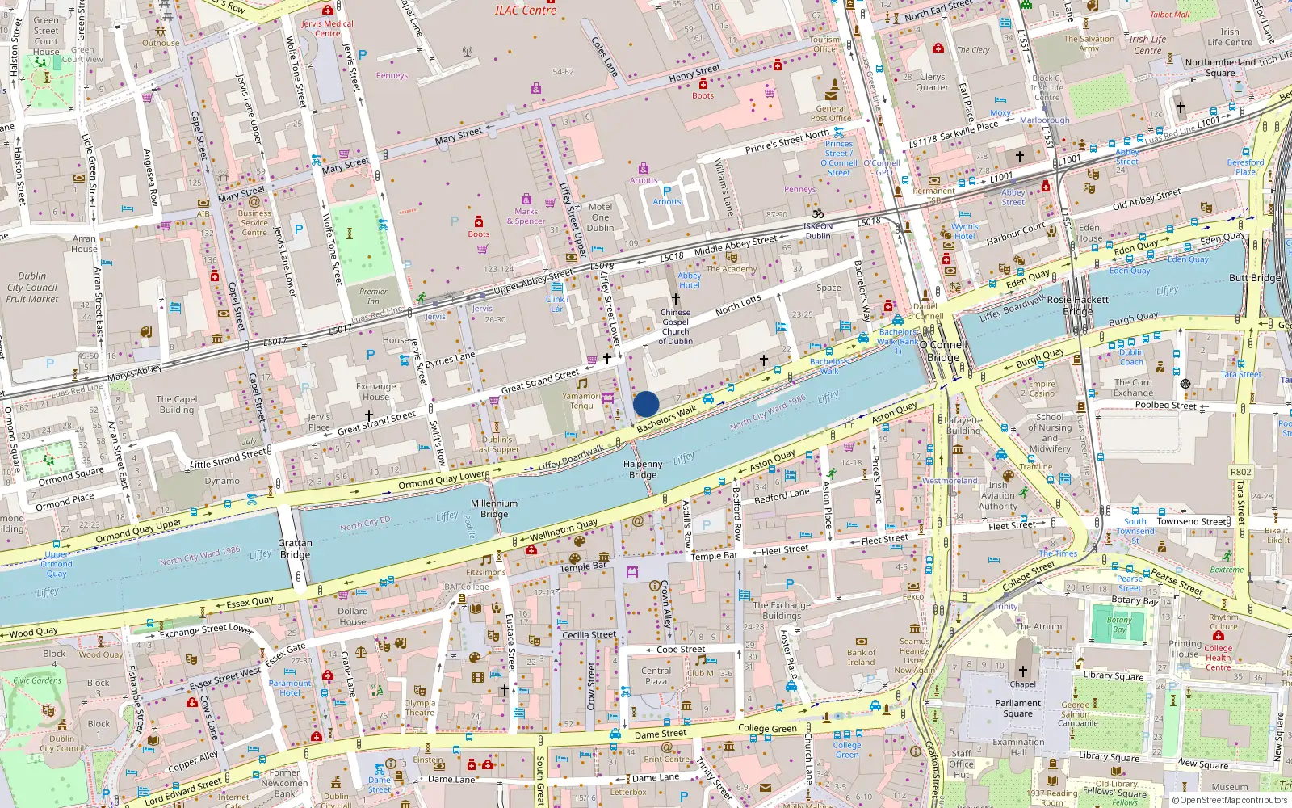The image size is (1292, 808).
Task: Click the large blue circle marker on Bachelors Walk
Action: pos(646,404)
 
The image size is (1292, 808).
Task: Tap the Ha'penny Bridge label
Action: pos(643,469)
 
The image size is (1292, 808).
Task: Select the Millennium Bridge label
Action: pos(494,508)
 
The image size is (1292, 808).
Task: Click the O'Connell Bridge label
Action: pos(943,351)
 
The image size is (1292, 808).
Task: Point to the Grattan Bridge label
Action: pos(295,549)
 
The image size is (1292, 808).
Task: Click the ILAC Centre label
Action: pos(525,10)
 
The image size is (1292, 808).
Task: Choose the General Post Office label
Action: pos(831,113)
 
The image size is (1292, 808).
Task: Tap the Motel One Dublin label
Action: pos(600,217)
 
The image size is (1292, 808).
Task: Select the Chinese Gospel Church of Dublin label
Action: pos(676,326)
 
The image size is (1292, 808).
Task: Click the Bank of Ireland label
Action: pos(861,658)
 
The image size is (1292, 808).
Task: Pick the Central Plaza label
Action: pos(656,675)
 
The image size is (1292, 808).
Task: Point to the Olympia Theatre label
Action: pos(419,708)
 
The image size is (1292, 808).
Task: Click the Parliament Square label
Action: pos(1017,708)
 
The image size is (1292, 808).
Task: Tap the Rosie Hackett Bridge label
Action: pos(1077,305)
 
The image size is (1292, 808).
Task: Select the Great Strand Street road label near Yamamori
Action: pos(539,381)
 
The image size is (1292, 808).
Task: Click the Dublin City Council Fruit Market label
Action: pos(32,287)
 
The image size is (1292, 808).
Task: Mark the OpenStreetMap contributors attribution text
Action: pos(1229,800)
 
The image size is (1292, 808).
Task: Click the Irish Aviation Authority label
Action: pos(998,495)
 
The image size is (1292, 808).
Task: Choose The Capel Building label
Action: pos(176,404)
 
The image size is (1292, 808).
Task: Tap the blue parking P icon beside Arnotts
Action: pos(667,191)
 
